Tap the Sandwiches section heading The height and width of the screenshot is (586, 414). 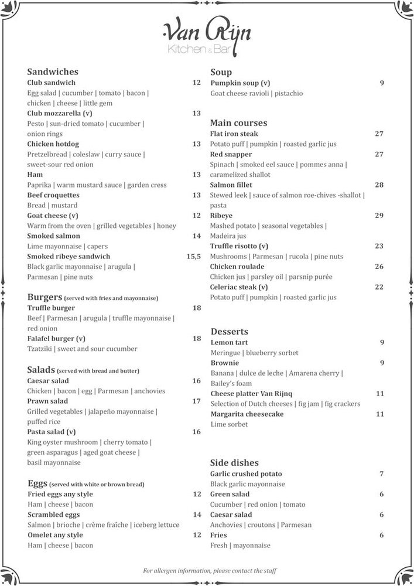(x=53, y=72)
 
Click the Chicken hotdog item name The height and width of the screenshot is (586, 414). (x=53, y=144)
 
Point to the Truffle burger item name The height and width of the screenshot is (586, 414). (x=51, y=308)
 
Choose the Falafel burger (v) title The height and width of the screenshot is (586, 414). (x=56, y=339)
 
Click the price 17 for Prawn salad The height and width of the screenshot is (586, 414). (x=196, y=401)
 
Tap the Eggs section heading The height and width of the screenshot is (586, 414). (x=38, y=483)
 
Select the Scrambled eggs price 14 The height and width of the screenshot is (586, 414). (x=197, y=515)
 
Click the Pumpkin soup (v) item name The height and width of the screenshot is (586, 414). (x=240, y=83)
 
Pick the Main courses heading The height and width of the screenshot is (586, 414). (x=238, y=123)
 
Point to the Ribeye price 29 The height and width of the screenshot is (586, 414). (x=379, y=216)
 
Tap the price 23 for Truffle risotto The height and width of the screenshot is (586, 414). (x=379, y=246)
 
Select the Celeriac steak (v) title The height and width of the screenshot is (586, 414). (x=239, y=287)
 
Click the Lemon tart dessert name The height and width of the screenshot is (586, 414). (x=229, y=342)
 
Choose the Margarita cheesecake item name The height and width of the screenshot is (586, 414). (x=247, y=414)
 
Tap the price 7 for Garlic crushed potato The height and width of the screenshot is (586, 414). (x=381, y=473)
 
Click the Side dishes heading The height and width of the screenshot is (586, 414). (x=234, y=462)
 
